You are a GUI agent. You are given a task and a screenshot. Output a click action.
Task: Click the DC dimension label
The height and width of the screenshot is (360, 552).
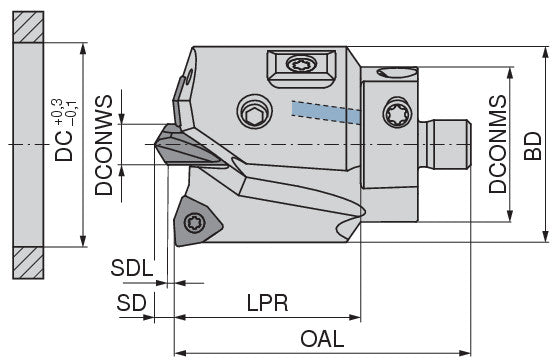[64, 146]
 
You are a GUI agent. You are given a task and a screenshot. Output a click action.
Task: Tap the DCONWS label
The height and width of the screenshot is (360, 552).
[104, 145]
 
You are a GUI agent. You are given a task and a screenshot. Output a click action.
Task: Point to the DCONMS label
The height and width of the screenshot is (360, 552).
[497, 144]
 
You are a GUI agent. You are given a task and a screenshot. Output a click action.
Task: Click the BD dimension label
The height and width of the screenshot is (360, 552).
[532, 146]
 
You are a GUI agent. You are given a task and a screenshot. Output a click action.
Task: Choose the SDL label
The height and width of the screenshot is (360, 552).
[132, 268]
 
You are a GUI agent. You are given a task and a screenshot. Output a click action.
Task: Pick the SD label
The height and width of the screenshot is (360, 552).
[131, 303]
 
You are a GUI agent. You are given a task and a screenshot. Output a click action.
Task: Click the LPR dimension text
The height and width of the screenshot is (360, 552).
[267, 303]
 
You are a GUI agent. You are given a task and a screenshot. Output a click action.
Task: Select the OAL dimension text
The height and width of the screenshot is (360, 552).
[322, 339]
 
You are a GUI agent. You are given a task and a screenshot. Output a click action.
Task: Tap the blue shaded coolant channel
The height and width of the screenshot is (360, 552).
[326, 112]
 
